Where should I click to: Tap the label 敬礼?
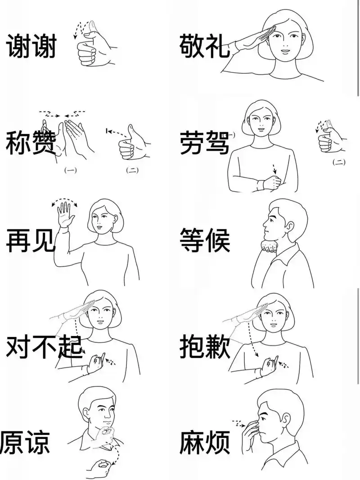click(204, 46)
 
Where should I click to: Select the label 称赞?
click(31, 142)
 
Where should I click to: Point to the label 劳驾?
click(204, 142)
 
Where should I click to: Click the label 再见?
click(31, 240)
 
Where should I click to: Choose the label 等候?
click(204, 240)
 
